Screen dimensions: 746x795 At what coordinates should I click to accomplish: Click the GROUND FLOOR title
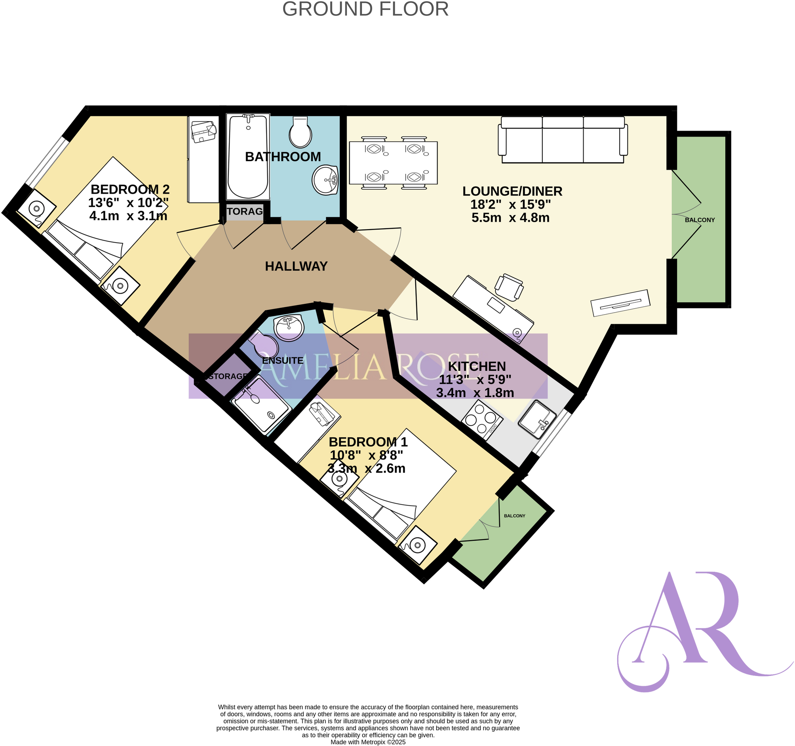pyautogui.click(x=365, y=9)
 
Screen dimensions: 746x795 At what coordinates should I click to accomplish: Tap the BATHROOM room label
pyautogui.click(x=283, y=157)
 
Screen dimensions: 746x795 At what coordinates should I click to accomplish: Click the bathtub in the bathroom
pyautogui.click(x=248, y=156)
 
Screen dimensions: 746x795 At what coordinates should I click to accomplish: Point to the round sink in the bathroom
pyautogui.click(x=325, y=180)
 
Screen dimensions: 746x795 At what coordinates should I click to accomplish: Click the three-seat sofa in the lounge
pyautogui.click(x=563, y=140)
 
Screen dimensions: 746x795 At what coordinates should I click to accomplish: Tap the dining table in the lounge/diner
pyautogui.click(x=393, y=163)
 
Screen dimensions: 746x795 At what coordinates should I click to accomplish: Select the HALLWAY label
pyautogui.click(x=296, y=266)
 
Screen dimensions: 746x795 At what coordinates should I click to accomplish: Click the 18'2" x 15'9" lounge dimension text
pyautogui.click(x=510, y=205)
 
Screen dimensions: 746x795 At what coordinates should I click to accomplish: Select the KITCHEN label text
pyautogui.click(x=477, y=366)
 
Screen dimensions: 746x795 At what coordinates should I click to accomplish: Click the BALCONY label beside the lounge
pyautogui.click(x=700, y=220)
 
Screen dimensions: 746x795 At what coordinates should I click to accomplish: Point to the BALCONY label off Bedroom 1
pyautogui.click(x=514, y=516)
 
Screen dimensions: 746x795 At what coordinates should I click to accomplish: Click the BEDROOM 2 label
pyautogui.click(x=130, y=189)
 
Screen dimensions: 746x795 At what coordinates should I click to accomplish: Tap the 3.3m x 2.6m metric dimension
pyautogui.click(x=366, y=469)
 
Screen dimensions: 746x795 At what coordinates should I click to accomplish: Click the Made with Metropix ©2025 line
pyautogui.click(x=367, y=742)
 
